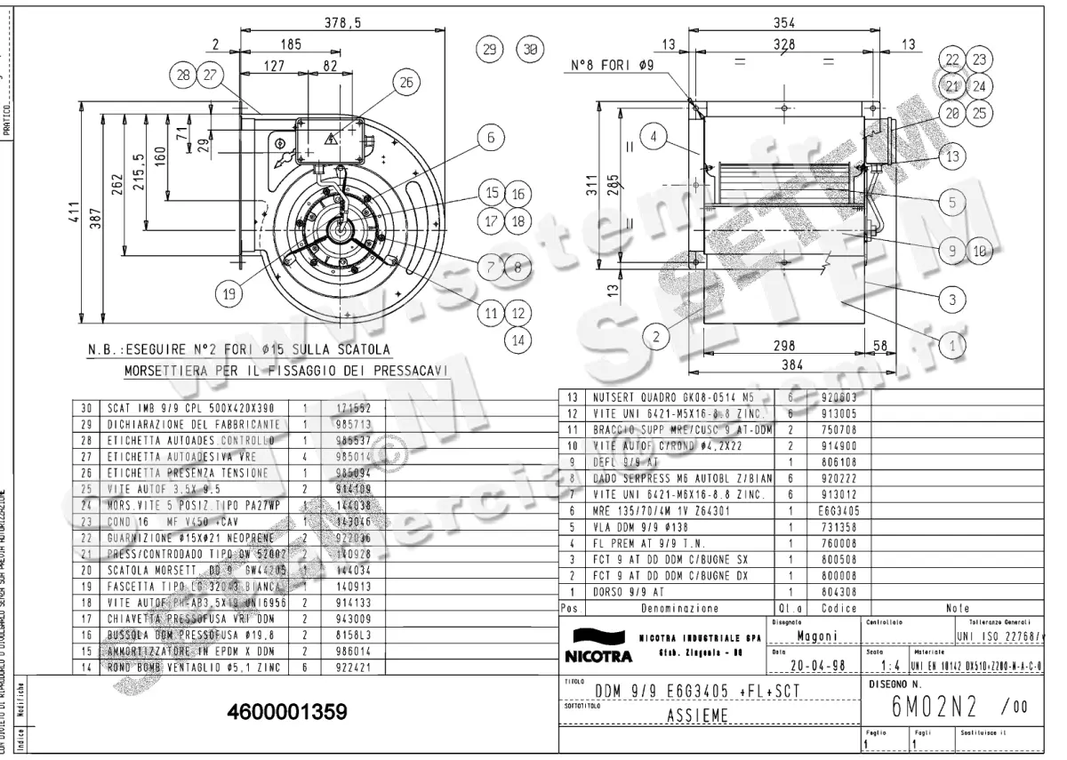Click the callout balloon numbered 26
pyautogui.click(x=405, y=84)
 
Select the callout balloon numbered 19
pyautogui.click(x=229, y=292)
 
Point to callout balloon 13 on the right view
pyautogui.click(x=952, y=157)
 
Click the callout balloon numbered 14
pyautogui.click(x=517, y=339)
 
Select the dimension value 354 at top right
pyautogui.click(x=783, y=24)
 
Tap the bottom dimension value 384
pyautogui.click(x=782, y=364)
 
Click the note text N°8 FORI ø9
pyautogui.click(x=613, y=65)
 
